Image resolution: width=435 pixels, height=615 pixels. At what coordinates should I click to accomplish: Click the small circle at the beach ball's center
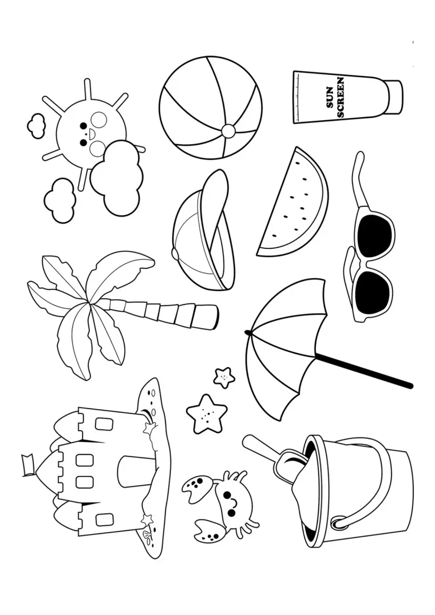click(229, 131)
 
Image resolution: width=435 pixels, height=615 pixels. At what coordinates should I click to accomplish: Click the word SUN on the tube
click(330, 98)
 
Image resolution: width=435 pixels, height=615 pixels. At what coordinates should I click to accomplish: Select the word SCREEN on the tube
click(340, 98)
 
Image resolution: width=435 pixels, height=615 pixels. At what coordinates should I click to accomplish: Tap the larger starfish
click(206, 413)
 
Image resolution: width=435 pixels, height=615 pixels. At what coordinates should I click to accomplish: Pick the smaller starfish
click(224, 377)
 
